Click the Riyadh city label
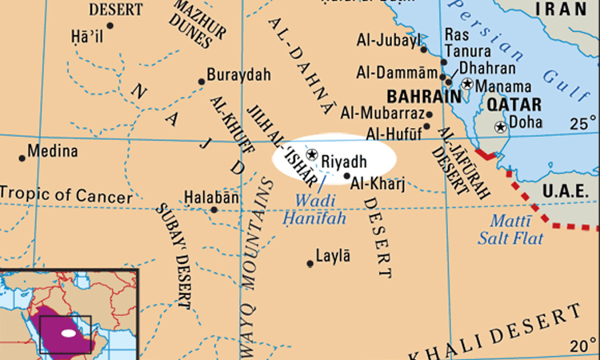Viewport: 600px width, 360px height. (344, 162)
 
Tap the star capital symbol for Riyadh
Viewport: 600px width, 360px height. (312, 154)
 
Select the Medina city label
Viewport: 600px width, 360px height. (53, 151)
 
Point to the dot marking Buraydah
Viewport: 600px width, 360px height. (202, 81)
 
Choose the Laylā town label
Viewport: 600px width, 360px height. (334, 257)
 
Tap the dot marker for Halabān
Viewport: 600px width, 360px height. (214, 210)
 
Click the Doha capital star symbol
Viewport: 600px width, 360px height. (501, 126)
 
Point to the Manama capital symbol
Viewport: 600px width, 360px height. (467, 84)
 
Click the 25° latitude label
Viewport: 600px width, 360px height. (582, 124)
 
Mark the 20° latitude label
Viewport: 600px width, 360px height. (582, 346)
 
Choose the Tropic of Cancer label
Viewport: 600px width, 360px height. (66, 194)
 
